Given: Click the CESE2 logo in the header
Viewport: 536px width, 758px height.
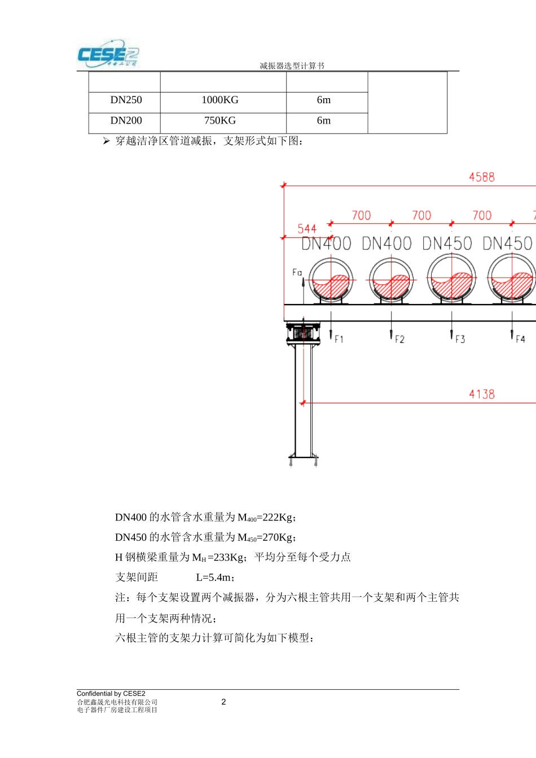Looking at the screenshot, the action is pyautogui.click(x=108, y=55).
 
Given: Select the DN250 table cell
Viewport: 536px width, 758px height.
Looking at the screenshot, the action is pyautogui.click(x=126, y=100).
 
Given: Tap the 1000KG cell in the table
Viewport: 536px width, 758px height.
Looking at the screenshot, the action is pyautogui.click(x=220, y=100).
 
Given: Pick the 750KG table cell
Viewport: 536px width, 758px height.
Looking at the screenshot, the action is pyautogui.click(x=220, y=121).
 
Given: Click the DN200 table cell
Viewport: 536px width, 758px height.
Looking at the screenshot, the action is pyautogui.click(x=126, y=121).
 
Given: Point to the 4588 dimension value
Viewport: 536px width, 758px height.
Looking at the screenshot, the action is pyautogui.click(x=481, y=177).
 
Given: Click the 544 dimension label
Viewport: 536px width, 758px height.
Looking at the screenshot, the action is pyautogui.click(x=307, y=229).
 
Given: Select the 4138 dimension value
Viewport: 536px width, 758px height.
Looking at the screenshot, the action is pyautogui.click(x=481, y=394).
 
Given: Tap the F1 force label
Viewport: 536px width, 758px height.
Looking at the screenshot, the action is pyautogui.click(x=339, y=340).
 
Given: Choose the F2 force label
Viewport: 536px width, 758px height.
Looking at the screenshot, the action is pyautogui.click(x=399, y=340).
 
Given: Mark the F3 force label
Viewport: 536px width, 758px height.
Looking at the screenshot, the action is pyautogui.click(x=460, y=340).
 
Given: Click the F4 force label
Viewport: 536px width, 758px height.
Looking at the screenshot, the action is pyautogui.click(x=520, y=340).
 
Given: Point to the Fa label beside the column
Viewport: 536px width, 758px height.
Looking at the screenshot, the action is pyautogui.click(x=297, y=273).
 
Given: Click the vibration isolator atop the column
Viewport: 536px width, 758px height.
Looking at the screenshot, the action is pyautogui.click(x=303, y=333).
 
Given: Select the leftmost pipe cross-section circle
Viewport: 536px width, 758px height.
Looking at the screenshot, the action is pyautogui.click(x=331, y=280).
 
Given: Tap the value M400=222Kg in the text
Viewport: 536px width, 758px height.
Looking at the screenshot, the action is pyautogui.click(x=266, y=518).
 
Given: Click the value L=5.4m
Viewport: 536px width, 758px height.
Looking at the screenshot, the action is pyautogui.click(x=215, y=578).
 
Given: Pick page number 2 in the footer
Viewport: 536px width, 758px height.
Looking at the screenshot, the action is pyautogui.click(x=223, y=702).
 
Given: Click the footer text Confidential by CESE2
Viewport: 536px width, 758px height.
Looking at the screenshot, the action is pyautogui.click(x=111, y=694).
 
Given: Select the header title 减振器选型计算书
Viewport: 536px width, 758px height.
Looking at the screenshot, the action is pyautogui.click(x=292, y=66).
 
